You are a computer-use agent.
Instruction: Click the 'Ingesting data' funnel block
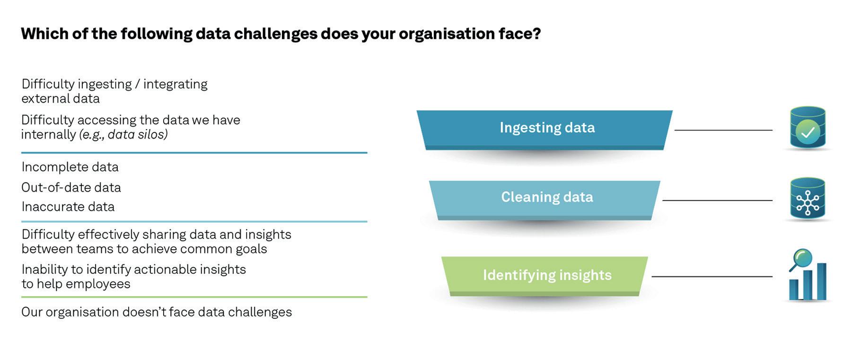[x=546, y=128]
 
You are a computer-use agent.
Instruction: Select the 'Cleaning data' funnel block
[x=546, y=197]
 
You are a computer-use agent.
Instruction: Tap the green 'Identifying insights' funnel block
[x=546, y=275]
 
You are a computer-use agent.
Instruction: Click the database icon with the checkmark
[x=808, y=128]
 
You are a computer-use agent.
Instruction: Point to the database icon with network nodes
[x=808, y=199]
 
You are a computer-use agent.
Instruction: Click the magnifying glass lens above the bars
[x=802, y=258]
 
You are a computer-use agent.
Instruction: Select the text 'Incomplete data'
[x=70, y=167]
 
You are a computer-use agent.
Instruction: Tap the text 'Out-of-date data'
[x=71, y=187]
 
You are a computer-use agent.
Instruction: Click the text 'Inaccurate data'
[x=68, y=207]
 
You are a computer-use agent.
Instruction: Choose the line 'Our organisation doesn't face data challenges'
[x=157, y=312]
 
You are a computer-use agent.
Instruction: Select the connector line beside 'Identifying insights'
[x=711, y=277]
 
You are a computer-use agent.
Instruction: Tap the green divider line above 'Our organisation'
[x=194, y=297]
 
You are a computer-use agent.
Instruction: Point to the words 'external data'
[x=61, y=99]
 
